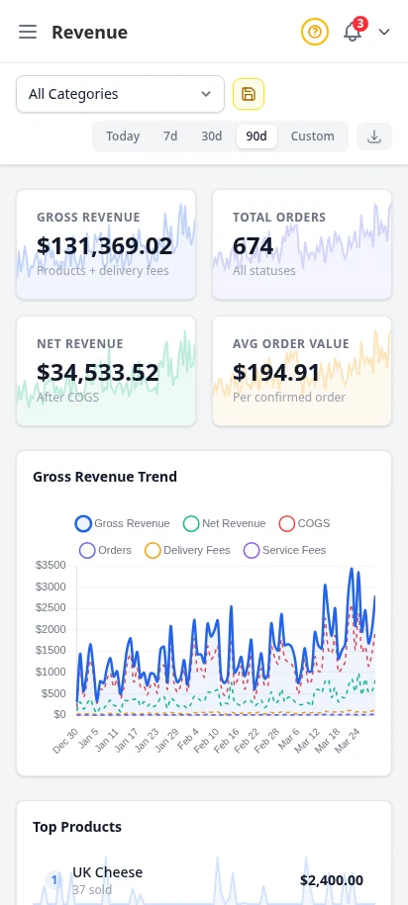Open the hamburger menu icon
coord(28,32)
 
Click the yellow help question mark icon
coord(314,32)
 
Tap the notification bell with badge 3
coord(353,32)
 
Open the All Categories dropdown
coord(120,94)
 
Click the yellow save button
coord(249,94)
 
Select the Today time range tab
coord(123,136)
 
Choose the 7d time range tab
coord(170,136)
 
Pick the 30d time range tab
coord(212,136)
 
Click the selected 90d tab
coord(256,136)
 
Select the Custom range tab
coord(312,136)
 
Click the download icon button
coord(374,136)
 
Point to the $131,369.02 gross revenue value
coord(104,245)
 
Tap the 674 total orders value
coord(253,245)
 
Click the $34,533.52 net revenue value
coord(97,372)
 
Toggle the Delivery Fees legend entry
coord(187,550)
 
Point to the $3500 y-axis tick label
coord(50,566)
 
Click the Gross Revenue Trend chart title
coord(105,477)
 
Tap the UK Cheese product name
coord(107,872)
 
